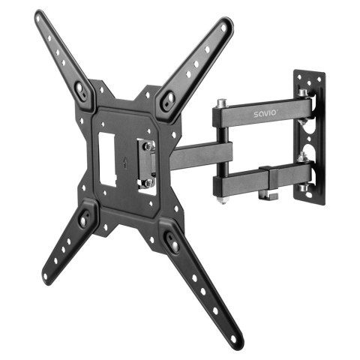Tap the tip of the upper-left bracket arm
tap(40, 16)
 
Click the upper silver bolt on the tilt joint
tap(148, 145)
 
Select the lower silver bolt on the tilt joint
tap(149, 181)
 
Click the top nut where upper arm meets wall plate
tap(302, 93)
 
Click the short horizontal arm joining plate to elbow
tap(191, 155)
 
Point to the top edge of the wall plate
tap(310, 73)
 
